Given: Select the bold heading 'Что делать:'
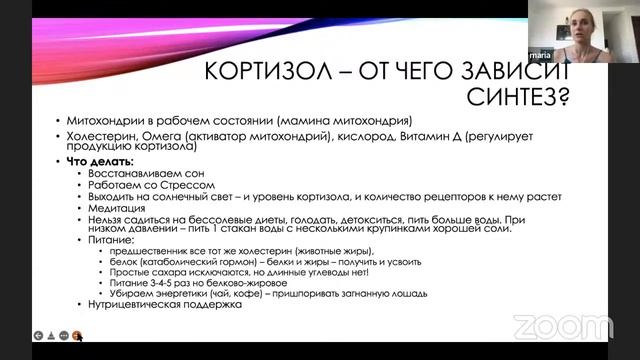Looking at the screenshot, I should (x=98, y=161).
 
